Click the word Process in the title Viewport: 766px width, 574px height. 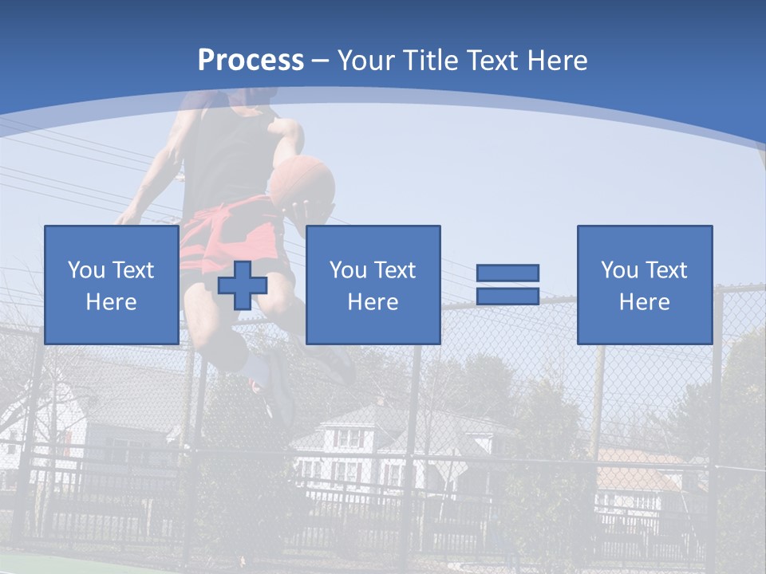coord(251,61)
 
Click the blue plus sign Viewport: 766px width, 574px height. coord(243,285)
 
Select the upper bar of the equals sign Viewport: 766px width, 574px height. coord(507,273)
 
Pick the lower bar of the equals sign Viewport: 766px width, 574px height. coord(507,296)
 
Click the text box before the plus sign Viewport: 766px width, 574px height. coord(111,285)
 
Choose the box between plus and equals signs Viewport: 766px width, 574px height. coord(373,285)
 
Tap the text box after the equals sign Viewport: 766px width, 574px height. coord(644,285)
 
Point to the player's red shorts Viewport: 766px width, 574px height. coord(231,231)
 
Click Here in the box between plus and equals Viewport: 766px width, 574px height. coord(373,302)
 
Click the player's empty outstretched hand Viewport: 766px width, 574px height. coord(125,216)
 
